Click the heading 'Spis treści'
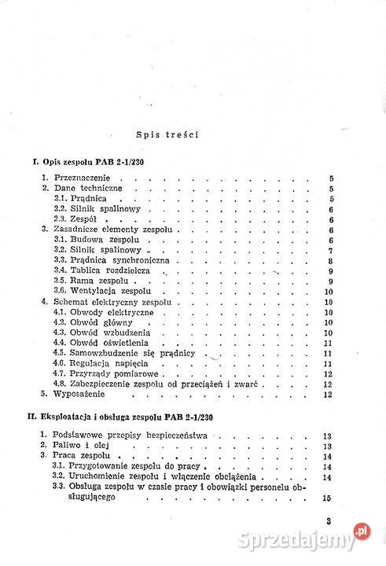[x=166, y=134]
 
